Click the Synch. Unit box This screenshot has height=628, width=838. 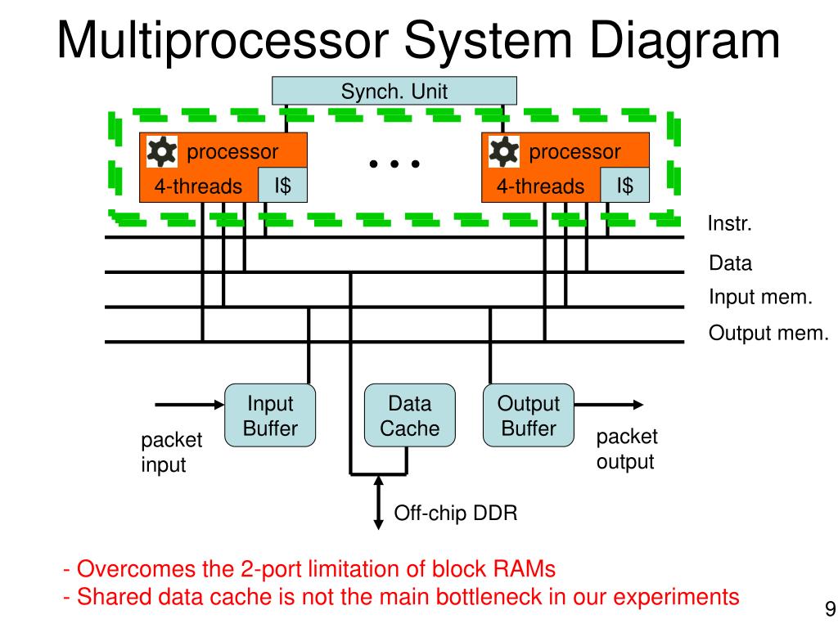pos(394,91)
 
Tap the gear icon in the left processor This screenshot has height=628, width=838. pos(162,151)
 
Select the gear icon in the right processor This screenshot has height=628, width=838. pos(504,151)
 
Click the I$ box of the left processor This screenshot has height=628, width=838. pos(282,186)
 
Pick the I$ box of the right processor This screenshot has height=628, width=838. pos(624,186)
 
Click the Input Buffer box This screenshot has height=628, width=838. pos(270,415)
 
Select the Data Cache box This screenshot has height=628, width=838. pos(410,415)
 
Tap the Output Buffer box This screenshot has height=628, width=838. pos(529,415)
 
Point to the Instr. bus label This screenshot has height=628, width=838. pos(729,223)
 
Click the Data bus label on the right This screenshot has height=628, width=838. pos(730,262)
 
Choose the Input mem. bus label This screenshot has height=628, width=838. pos(760,296)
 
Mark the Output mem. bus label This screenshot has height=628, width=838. pos(768,333)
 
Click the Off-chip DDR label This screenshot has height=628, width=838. pos(456,514)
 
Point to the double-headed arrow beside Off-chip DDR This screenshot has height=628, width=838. pos(378,503)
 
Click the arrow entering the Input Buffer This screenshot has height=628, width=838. pos(190,405)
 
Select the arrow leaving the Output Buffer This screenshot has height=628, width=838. pos(609,405)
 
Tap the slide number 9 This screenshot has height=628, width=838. pos(830,608)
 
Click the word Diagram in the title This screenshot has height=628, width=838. pos(685,41)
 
